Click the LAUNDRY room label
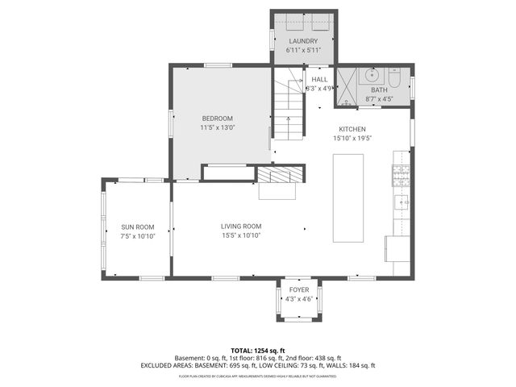click(303, 41)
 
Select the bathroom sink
click(372, 76)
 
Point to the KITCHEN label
click(352, 129)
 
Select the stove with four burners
click(401, 173)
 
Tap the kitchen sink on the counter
click(401, 202)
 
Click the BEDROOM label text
click(217, 119)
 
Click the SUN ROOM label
click(137, 227)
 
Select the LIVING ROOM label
click(241, 227)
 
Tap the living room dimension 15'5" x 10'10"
click(241, 235)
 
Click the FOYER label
click(298, 289)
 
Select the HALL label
click(320, 79)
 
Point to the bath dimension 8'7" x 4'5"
click(379, 99)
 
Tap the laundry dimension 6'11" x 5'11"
click(303, 50)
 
